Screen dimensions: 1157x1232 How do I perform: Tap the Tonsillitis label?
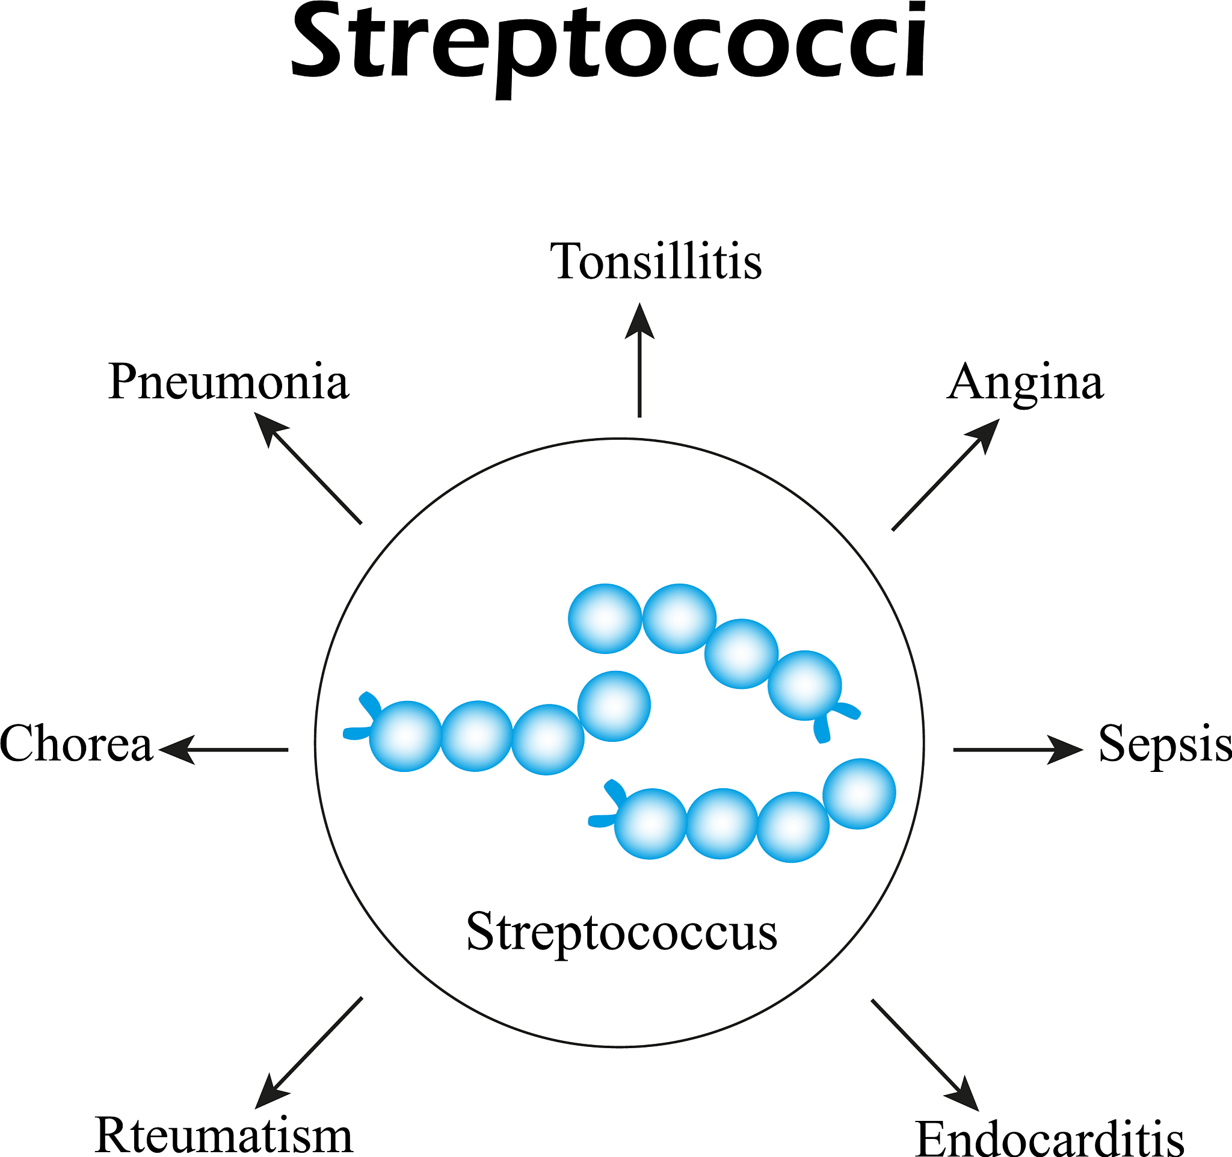click(656, 262)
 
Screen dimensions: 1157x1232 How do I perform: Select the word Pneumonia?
click(228, 381)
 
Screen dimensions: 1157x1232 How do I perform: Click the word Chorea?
click(76, 744)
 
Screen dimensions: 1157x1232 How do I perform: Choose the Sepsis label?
click(1164, 744)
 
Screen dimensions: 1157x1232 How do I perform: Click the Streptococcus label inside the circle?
click(621, 931)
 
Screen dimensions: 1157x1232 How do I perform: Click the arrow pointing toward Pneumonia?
click(309, 469)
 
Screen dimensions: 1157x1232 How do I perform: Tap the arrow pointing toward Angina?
click(945, 475)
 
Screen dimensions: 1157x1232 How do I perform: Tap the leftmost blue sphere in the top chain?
click(605, 619)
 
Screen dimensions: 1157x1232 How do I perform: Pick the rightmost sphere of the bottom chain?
click(859, 793)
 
